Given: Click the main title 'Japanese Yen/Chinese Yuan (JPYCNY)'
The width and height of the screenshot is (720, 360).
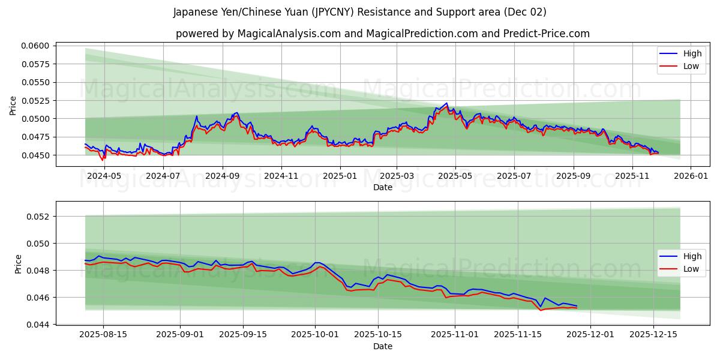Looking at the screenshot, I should pos(359,12).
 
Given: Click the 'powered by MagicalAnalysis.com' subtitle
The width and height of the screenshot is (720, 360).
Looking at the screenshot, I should pos(382,34).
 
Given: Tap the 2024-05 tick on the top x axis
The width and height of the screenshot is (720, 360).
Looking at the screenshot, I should pos(104,176).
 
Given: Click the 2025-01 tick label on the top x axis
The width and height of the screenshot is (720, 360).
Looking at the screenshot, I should pos(340,176).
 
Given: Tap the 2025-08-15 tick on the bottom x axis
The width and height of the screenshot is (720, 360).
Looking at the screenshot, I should pos(103,334).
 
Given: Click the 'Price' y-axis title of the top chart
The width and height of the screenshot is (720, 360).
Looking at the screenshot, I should pos(13,106).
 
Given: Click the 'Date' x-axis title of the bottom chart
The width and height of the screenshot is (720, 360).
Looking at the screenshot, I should pos(382,346).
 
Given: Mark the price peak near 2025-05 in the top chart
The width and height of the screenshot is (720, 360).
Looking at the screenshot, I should pos(446,103).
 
